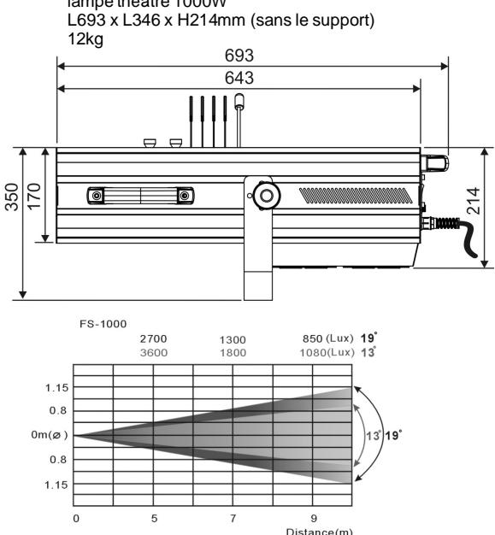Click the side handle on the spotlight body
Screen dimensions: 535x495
[x=140, y=196]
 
